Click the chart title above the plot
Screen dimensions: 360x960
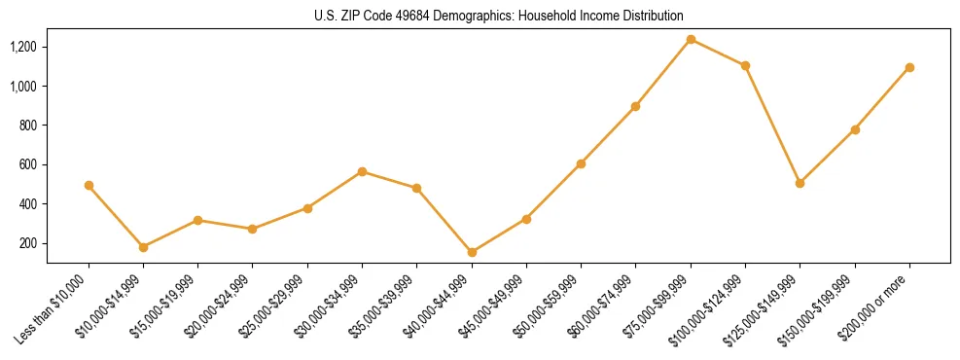(498, 17)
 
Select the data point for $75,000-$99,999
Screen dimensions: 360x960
(691, 40)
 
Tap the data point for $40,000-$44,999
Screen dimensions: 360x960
(472, 252)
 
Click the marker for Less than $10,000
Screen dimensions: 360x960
(89, 185)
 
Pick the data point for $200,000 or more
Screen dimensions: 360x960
(909, 67)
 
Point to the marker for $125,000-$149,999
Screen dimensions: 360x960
(800, 183)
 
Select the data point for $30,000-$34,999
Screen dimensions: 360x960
(362, 171)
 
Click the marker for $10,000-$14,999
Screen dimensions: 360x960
(143, 247)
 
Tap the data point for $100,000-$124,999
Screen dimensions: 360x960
(745, 65)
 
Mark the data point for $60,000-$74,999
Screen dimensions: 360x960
(635, 106)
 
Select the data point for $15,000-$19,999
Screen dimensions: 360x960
(197, 220)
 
